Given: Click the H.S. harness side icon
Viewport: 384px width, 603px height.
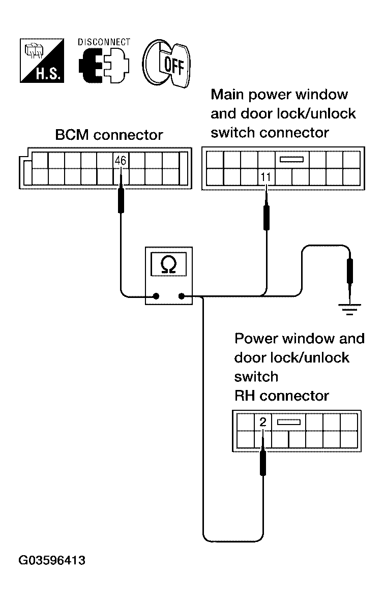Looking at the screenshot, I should (x=41, y=61).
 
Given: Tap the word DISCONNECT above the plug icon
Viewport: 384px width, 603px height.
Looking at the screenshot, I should (x=104, y=42).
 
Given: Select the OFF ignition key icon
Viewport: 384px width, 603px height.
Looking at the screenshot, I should (x=166, y=64).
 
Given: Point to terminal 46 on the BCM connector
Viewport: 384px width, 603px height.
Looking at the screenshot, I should (x=121, y=161).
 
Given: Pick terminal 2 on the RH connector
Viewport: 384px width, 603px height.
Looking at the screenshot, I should (x=262, y=422).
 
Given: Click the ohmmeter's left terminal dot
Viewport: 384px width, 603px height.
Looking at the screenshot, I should (x=156, y=296).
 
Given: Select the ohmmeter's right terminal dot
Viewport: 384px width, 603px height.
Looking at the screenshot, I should (x=182, y=296).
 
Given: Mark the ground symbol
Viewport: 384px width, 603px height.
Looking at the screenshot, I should (x=349, y=309).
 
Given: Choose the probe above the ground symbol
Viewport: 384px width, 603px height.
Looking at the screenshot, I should (x=349, y=272).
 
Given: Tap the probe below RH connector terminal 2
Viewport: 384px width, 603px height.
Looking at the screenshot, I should (x=262, y=462).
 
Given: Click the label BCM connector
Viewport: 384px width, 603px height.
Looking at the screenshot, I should (x=109, y=135).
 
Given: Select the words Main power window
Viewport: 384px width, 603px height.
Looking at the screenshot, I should (x=279, y=95).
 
